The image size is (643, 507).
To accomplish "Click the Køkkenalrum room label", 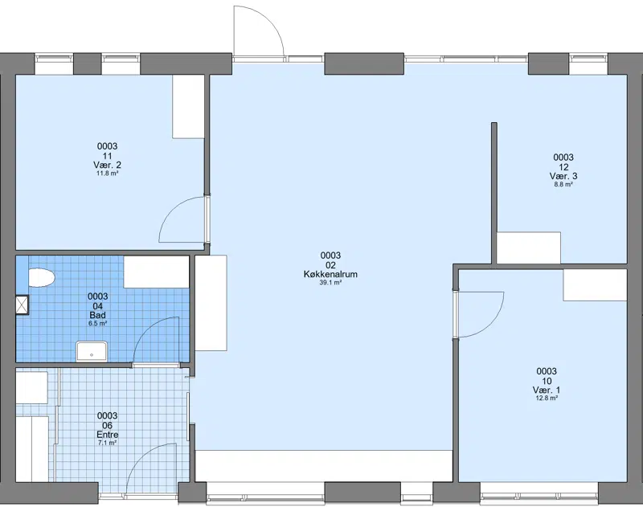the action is pos(330,274).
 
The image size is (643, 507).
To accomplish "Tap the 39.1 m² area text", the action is pos(330,282).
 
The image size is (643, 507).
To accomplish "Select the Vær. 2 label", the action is pos(107,166).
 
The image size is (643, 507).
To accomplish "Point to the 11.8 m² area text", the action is pos(107,174).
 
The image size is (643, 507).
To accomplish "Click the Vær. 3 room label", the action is pos(563,176).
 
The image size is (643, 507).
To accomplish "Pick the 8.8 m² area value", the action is pos(563,185).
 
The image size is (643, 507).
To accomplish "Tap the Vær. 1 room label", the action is pos(547,390).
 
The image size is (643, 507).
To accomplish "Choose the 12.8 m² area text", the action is pos(547,398).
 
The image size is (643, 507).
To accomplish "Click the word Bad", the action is pos(97,315).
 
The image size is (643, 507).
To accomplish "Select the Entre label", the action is pos(108,435).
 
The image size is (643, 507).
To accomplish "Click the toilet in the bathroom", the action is pos(42,278).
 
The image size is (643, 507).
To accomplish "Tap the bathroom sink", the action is pos(92,352).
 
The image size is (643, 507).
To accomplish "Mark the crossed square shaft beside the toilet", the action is pos(23,305).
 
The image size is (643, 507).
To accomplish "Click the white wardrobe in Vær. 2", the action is pos(188,107).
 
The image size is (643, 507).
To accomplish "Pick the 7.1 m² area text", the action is pos(108,443).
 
